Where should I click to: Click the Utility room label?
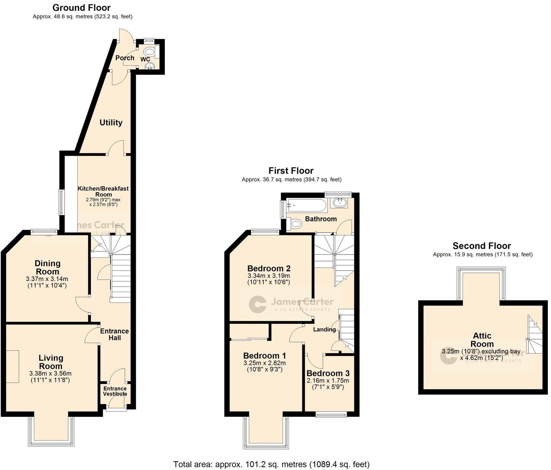coord(111,122)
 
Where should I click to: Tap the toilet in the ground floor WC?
coord(150,52)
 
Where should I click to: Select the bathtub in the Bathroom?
coord(306,206)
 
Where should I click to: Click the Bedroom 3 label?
coord(328,373)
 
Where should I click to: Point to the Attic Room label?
coord(482,340)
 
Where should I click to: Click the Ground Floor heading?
coord(81,8)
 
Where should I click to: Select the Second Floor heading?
coord(481,246)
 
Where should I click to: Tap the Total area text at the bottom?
coord(271,464)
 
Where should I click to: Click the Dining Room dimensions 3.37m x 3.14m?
coord(47,279)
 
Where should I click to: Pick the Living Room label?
coord(51,362)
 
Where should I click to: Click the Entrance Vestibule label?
coord(115,391)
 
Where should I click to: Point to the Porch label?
coord(125,58)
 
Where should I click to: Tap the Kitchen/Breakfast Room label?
coord(103,191)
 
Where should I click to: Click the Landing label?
coord(324,329)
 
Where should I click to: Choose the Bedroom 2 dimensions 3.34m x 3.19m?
coord(269,276)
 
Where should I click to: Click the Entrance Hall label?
coord(114,334)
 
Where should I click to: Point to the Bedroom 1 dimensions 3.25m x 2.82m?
coord(264,363)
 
